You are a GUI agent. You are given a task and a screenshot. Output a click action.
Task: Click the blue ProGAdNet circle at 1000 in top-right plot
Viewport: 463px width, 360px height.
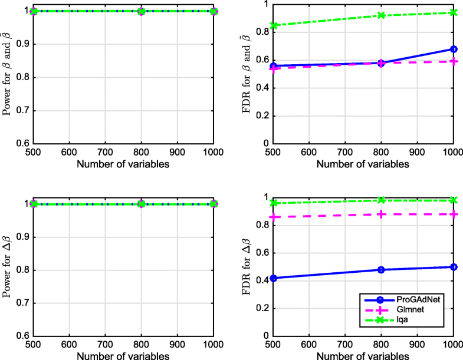(454, 49)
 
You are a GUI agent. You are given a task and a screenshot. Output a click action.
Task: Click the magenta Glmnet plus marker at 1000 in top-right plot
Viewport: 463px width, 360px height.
(454, 61)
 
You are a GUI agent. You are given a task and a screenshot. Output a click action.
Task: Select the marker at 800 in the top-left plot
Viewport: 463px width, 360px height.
(141, 11)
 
